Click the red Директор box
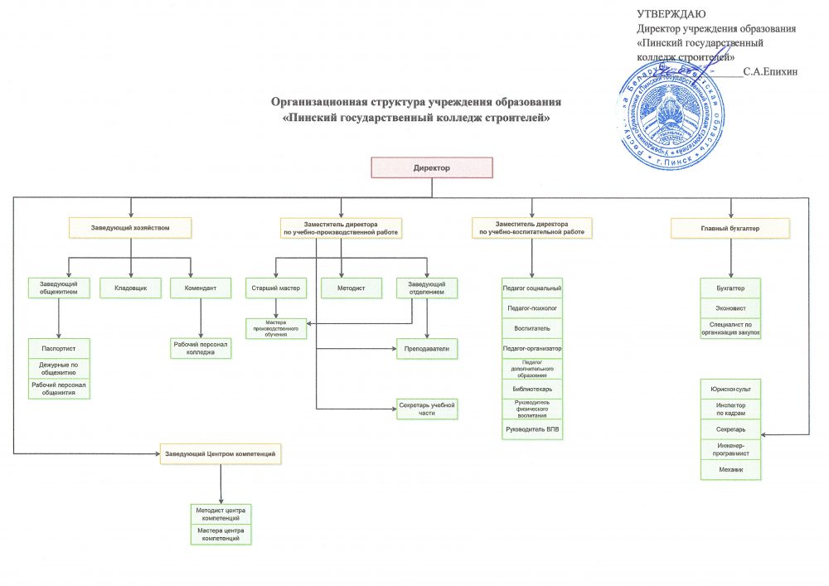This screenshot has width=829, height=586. tap(431, 167)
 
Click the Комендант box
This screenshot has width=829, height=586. tap(200, 288)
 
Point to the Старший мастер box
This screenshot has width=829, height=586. tap(275, 288)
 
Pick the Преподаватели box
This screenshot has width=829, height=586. tap(427, 349)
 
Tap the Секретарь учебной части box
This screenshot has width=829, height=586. tap(427, 408)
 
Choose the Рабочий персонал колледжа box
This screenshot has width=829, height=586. tap(201, 348)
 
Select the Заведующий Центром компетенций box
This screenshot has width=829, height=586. tap(221, 454)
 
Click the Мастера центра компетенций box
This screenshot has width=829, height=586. tap(221, 535)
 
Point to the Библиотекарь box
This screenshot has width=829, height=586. tap(532, 388)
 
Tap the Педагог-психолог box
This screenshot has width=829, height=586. tap(532, 308)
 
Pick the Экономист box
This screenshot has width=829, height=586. tap(730, 308)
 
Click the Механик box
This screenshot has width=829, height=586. tap(730, 470)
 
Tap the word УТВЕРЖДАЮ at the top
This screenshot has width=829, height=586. tap(671, 13)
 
